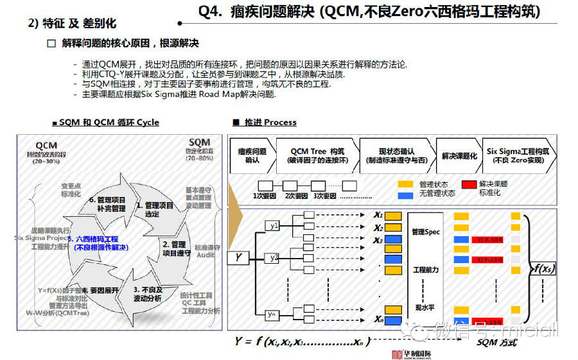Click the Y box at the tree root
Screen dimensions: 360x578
point(238,258)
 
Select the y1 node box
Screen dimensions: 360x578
point(274,226)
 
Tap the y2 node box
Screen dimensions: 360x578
point(274,258)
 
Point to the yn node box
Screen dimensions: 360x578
point(274,314)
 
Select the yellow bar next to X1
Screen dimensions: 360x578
point(393,216)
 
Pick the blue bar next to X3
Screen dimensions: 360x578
point(393,240)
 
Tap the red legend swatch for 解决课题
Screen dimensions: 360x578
point(469,184)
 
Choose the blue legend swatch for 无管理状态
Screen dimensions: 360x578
point(405,193)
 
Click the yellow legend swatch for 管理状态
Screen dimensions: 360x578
point(405,184)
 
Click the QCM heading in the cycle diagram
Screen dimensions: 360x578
point(47,145)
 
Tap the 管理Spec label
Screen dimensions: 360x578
point(426,232)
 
